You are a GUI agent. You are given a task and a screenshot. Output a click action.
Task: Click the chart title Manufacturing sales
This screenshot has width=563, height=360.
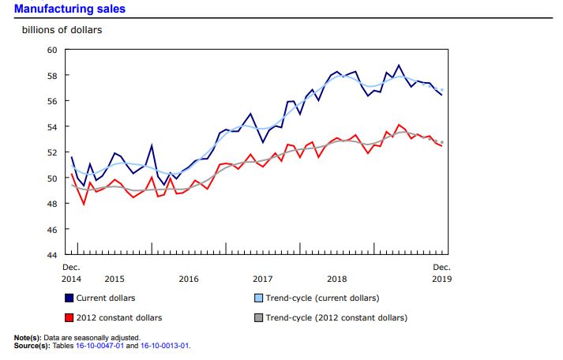point(69,9)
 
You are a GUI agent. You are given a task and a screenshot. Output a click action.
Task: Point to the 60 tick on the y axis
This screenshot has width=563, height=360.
point(53,50)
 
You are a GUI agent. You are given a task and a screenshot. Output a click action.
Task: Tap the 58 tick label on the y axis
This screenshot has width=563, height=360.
point(53,76)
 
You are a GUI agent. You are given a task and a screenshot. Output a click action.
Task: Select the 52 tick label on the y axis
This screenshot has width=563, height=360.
point(53,152)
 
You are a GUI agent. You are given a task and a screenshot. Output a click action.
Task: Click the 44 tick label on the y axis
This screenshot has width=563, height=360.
point(53,255)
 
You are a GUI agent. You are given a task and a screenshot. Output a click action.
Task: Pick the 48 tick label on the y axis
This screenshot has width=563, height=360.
point(53,204)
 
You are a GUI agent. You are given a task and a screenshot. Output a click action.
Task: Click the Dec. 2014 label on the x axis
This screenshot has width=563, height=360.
point(72,273)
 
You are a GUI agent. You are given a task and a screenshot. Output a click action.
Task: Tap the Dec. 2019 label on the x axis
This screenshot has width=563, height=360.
point(441,273)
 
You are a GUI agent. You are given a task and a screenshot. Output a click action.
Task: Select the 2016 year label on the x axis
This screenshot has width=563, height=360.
point(189,279)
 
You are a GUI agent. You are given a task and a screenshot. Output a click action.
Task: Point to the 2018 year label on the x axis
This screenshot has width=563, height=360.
point(337,279)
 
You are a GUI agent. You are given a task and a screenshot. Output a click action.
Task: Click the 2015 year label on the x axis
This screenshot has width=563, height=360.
point(114,279)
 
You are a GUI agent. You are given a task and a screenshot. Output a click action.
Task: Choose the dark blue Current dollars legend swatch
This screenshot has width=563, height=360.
point(69,298)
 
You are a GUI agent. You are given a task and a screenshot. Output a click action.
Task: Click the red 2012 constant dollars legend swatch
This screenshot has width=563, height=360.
point(69,317)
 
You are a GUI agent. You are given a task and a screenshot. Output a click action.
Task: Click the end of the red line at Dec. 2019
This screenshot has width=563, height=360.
point(441,144)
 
